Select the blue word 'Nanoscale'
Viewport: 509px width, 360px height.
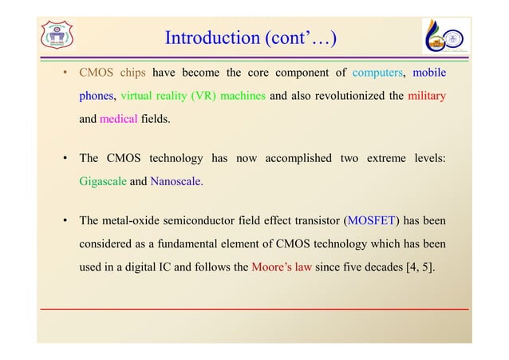click(176, 181)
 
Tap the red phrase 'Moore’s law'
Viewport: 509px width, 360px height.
click(281, 267)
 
